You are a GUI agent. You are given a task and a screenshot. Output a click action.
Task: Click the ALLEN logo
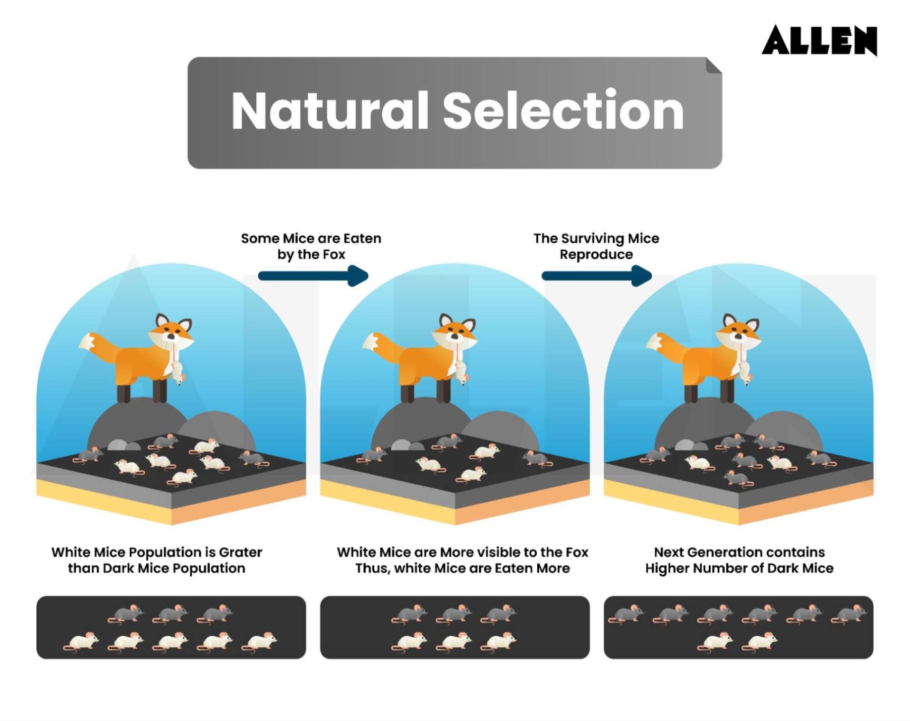tap(819, 40)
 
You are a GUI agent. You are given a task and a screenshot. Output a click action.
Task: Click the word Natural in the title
tap(330, 110)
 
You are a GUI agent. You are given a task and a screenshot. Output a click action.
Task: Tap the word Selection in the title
tap(563, 109)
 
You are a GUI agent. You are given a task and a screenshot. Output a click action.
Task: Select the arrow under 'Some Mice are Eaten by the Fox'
tap(313, 275)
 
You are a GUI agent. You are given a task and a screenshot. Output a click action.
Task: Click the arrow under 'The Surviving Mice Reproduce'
tap(597, 275)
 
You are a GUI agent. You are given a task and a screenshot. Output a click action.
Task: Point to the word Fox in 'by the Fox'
tap(333, 254)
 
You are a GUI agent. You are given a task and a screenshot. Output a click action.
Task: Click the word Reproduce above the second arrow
tap(596, 254)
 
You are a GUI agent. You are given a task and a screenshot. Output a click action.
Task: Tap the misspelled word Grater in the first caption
tap(240, 552)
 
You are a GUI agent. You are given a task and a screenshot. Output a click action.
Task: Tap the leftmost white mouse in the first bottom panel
tap(81, 642)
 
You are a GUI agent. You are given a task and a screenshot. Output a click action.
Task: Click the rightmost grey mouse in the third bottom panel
tap(849, 614)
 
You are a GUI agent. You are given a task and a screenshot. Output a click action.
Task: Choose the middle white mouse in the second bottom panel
tap(454, 642)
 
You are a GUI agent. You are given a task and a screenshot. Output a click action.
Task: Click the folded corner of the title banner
tap(714, 65)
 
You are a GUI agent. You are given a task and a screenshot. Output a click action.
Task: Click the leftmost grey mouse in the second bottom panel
tap(409, 614)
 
